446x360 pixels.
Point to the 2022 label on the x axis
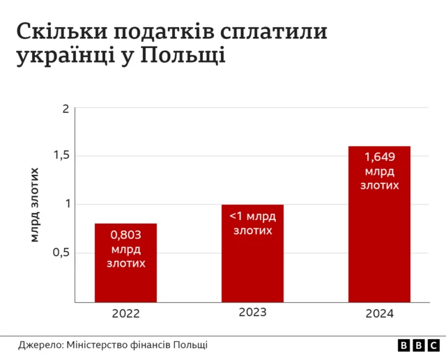click(x=125, y=313)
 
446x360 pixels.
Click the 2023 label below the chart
click(x=252, y=312)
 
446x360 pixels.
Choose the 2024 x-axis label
click(x=379, y=313)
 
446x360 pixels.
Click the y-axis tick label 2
click(x=66, y=109)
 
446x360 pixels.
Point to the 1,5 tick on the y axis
click(x=62, y=155)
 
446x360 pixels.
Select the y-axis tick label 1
click(x=68, y=203)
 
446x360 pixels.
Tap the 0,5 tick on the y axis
click(x=62, y=252)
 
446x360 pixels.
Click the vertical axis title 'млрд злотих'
click(x=34, y=205)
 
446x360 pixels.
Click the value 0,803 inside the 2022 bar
click(x=125, y=235)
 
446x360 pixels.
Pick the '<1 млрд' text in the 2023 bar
click(x=252, y=216)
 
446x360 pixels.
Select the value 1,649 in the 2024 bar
click(x=379, y=157)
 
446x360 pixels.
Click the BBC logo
click(x=417, y=345)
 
